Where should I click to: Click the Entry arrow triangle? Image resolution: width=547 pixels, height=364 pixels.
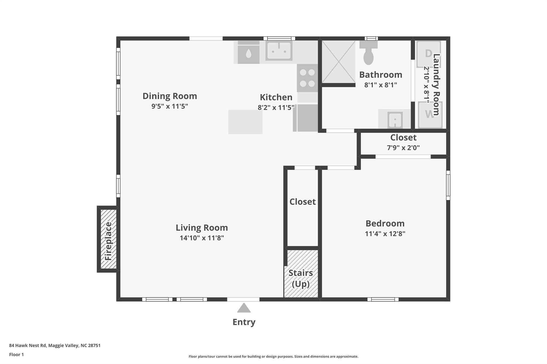point(244,308)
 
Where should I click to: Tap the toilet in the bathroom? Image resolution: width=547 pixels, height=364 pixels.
point(369,53)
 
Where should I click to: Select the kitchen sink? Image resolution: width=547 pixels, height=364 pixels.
point(279,51)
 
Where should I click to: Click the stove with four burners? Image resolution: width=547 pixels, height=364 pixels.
point(307,78)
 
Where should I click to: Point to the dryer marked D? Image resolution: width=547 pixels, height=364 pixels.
point(428,54)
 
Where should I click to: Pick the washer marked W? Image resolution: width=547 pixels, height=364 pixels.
point(430,115)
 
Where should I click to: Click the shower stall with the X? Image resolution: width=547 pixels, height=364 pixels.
point(338,62)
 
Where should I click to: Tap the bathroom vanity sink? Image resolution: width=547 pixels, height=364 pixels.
point(394,119)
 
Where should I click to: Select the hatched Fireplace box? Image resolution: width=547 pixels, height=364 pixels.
point(108,239)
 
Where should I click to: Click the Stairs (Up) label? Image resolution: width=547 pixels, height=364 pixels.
point(301,278)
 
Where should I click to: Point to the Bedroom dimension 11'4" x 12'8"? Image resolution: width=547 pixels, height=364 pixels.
point(385,234)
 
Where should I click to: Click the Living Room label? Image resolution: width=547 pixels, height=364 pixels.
point(202,228)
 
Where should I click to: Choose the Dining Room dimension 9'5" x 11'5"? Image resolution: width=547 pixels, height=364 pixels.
point(170,106)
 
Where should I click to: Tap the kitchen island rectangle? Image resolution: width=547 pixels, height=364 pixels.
point(245,122)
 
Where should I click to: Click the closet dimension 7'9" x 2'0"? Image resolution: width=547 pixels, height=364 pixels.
point(403,147)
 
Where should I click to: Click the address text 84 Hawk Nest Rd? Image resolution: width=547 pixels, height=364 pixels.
point(28,345)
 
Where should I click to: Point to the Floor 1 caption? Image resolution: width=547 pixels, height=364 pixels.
point(16,354)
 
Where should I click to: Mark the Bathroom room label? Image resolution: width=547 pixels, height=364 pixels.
point(381,75)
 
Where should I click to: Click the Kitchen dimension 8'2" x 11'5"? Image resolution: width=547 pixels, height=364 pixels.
point(276,107)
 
